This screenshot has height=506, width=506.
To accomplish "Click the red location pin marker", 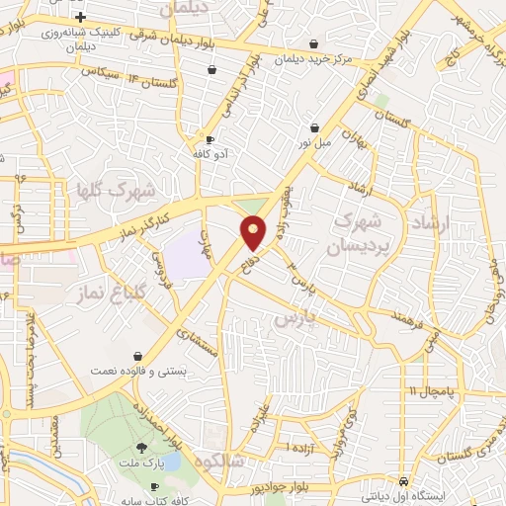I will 254,232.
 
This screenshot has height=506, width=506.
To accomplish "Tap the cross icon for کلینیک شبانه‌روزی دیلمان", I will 80,17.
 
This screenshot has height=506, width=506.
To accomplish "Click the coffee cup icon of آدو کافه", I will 210,139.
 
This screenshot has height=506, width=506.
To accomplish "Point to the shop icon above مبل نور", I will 315,127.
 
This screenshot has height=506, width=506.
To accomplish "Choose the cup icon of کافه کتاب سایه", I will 154,487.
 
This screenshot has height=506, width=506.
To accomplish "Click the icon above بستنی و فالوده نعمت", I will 137,355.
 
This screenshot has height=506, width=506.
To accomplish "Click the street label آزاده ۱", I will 300,447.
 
